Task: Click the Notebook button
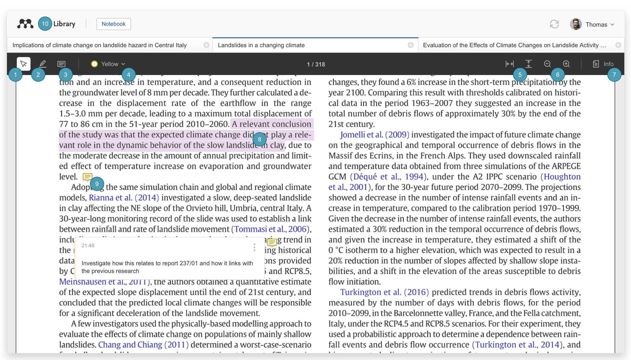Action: (113, 24)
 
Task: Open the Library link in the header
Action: (64, 24)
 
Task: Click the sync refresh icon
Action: (554, 24)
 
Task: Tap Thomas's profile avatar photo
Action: (576, 24)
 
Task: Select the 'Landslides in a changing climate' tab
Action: (261, 45)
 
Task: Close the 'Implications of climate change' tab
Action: (206, 45)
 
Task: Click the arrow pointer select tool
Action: (24, 64)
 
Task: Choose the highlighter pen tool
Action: (42, 64)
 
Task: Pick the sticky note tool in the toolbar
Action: (61, 64)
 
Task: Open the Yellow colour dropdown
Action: (108, 64)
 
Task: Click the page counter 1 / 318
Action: (316, 64)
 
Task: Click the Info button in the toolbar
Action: (603, 64)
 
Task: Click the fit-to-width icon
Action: (510, 64)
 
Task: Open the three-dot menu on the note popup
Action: (254, 247)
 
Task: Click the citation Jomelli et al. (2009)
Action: (374, 135)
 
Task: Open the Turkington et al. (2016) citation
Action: (384, 292)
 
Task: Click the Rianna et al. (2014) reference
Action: (124, 197)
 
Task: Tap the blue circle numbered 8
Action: (259, 139)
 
